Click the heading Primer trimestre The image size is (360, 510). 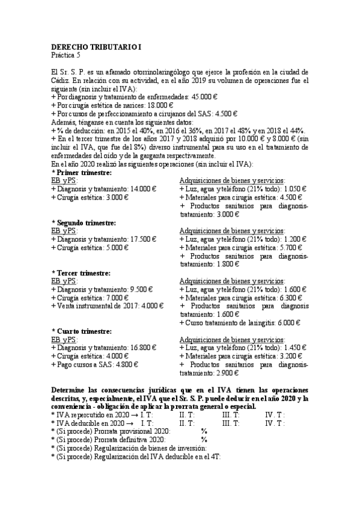(x=84, y=172)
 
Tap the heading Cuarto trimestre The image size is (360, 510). (x=85, y=331)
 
